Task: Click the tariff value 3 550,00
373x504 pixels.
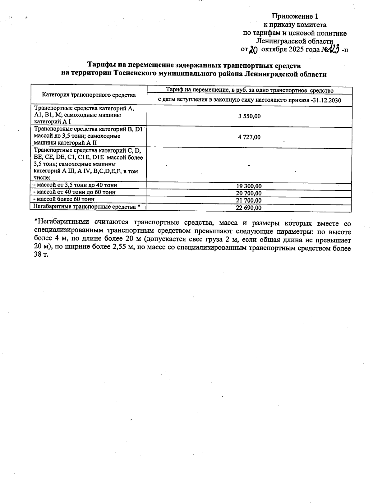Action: [249, 117]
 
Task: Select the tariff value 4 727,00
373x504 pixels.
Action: [249, 137]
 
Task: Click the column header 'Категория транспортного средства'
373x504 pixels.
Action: [89, 95]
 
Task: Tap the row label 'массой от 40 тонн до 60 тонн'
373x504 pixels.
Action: [74, 192]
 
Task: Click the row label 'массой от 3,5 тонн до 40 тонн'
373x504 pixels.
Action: [75, 185]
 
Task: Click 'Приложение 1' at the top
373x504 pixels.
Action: [295, 16]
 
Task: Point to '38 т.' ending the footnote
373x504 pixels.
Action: [41, 256]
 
